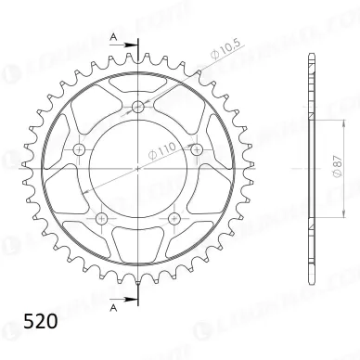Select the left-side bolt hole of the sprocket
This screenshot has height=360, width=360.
pyautogui.click(x=78, y=150)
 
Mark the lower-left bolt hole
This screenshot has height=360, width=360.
pyautogui.click(x=101, y=219)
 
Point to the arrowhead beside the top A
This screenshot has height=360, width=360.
pyautogui.click(x=128, y=45)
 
